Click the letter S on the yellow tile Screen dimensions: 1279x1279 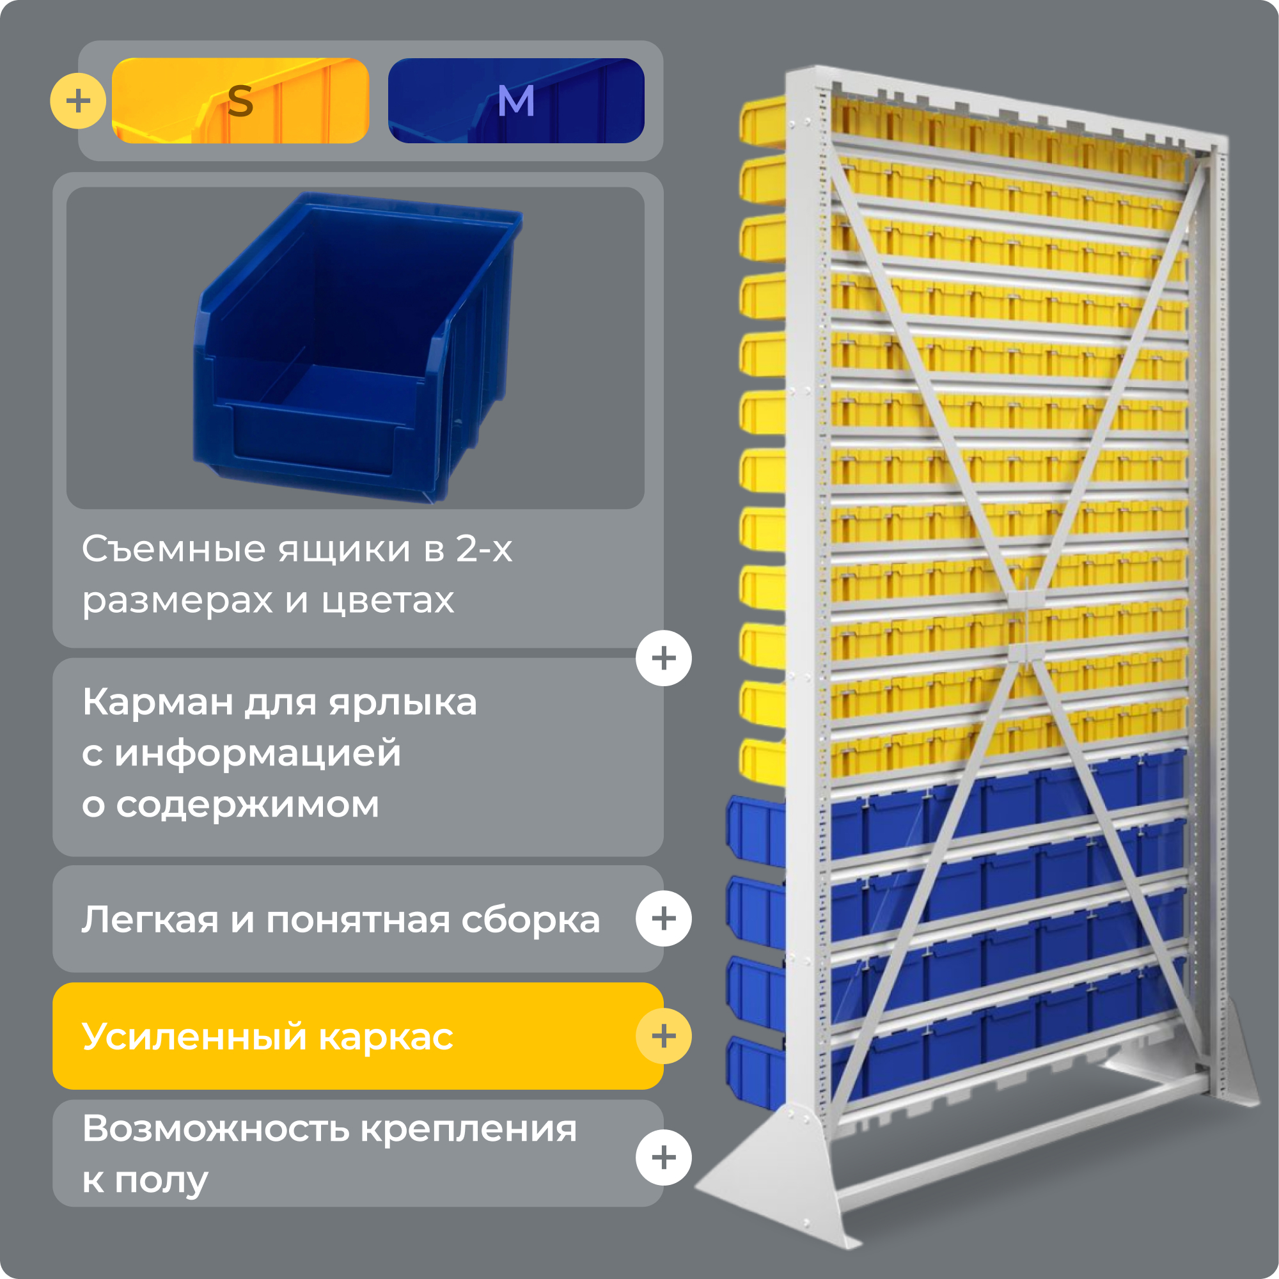pos(240,101)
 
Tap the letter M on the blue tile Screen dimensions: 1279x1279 pos(515,101)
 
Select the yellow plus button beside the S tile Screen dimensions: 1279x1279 pos(78,100)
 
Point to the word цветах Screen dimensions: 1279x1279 pos(388,602)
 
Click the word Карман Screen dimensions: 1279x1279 pos(157,702)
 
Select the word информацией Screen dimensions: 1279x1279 pos(258,753)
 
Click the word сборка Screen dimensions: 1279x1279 pos(530,920)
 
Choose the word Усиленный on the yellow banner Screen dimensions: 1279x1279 pos(194,1037)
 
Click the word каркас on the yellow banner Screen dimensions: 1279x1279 pos(386,1037)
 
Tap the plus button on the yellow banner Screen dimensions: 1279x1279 pos(663,1036)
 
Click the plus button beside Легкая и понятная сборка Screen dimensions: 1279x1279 pos(663,919)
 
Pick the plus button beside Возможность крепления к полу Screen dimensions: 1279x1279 pos(663,1157)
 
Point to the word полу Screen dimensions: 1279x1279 pos(161,1181)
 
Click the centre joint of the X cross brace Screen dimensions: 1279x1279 pos(1026,625)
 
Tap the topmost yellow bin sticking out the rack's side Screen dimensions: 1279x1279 pos(764,121)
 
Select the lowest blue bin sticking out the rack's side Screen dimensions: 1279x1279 pos(755,1072)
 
